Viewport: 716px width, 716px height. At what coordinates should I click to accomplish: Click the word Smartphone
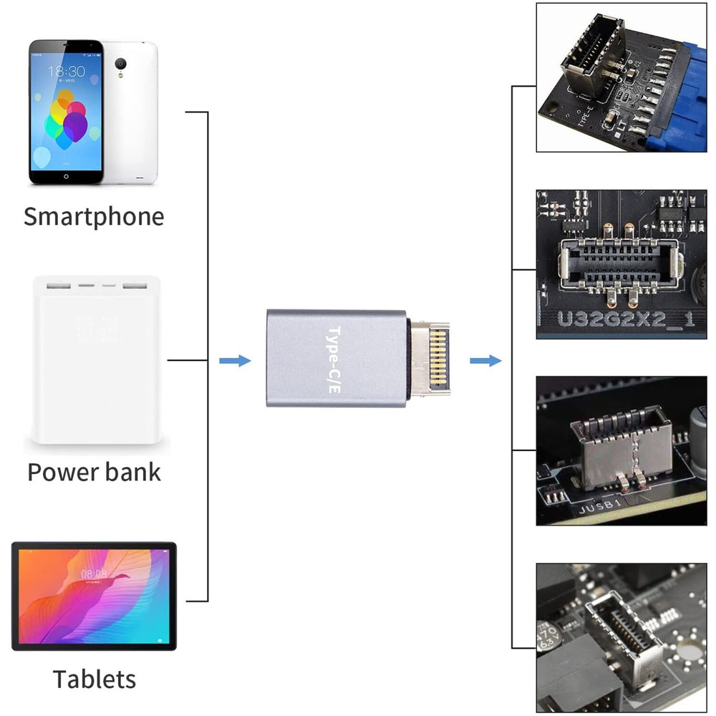pos(94,216)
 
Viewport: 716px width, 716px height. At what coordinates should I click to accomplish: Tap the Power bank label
pos(94,472)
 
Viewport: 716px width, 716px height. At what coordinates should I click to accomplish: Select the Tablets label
pos(94,678)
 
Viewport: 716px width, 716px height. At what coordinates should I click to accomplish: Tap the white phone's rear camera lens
pos(121,62)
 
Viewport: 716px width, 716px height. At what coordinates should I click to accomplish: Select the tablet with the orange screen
pos(94,596)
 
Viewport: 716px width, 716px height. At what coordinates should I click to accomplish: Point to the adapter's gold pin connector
pos(430,358)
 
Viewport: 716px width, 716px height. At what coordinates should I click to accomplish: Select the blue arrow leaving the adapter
pos(485,360)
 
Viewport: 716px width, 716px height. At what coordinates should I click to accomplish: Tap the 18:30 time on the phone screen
pos(66,71)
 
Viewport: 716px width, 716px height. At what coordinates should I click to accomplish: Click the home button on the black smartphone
pos(66,175)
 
